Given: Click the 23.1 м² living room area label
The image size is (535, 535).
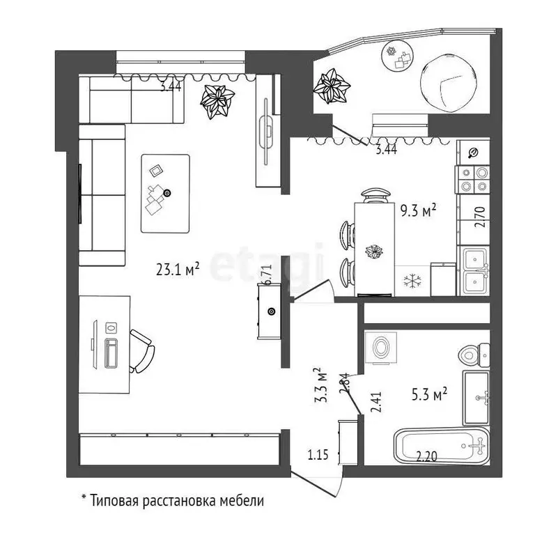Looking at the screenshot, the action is pos(178,269).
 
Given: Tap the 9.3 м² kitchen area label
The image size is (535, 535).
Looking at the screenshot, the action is pos(418,211).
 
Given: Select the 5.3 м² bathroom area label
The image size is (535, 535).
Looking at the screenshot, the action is pos(430,395).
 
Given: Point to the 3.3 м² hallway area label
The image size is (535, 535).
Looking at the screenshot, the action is pos(320,385).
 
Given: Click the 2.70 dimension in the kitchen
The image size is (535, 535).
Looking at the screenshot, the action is pos(479,217).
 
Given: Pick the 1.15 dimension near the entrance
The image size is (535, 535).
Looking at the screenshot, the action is pos(318,454).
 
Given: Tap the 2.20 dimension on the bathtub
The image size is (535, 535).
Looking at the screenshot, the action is pos(426,456).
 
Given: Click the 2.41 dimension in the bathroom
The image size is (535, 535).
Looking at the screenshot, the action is pos(376,401).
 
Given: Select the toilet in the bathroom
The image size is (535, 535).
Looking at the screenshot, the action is pos(474,355).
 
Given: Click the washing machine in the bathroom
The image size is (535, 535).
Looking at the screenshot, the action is pos(381,348).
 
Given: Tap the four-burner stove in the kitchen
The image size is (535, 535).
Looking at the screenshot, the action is pos(473,180).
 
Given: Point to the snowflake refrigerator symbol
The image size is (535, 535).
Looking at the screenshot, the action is pos(412,281).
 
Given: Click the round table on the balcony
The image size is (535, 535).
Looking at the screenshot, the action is pos(398,56).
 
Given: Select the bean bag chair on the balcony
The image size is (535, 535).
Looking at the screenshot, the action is pos(448,83).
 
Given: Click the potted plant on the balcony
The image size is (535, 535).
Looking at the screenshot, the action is pos(332,86).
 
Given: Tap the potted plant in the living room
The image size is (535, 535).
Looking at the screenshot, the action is pos(217,102).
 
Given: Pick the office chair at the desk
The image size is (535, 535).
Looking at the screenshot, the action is pos(141,351).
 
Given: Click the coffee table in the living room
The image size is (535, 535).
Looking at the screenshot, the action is pos(166,194).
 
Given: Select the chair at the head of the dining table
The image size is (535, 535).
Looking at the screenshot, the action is pos(375,196).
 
